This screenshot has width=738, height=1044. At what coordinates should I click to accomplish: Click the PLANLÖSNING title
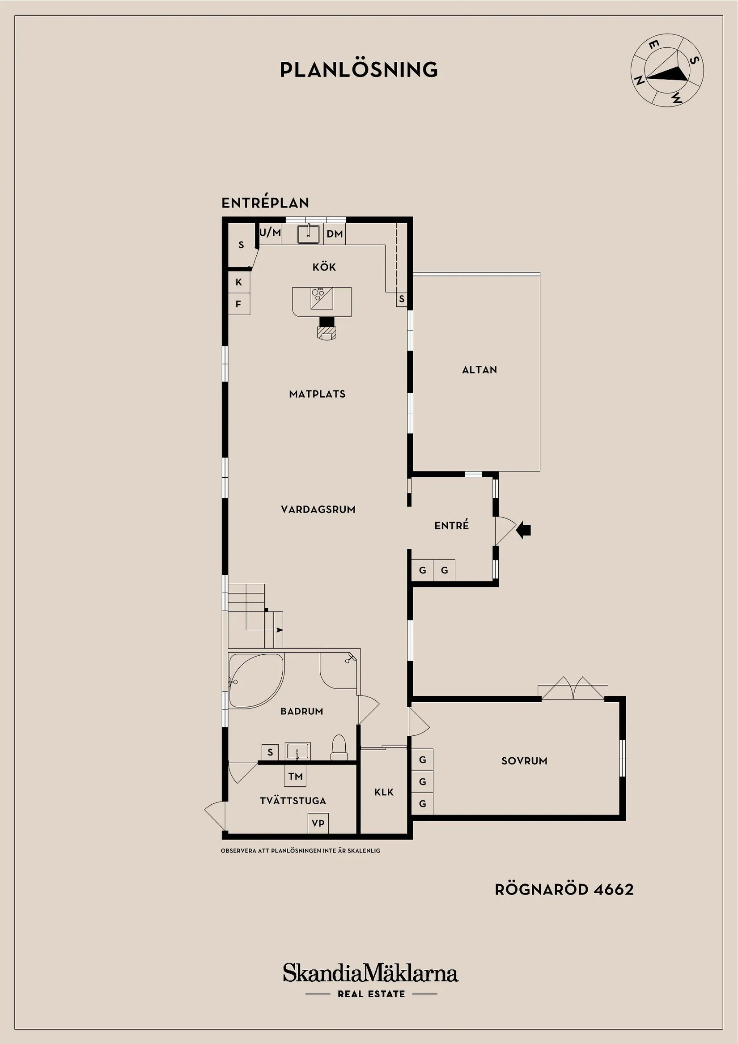359,70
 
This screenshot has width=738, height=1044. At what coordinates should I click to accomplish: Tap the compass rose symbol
667,71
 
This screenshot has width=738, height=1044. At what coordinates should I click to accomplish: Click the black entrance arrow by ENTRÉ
524,529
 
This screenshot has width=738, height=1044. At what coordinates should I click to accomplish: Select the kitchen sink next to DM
308,234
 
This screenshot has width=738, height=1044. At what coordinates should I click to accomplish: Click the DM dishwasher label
335,234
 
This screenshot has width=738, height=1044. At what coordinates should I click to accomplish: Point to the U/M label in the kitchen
270,232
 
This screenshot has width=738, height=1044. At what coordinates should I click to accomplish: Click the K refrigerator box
239,282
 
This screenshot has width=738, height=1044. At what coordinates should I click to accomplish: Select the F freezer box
239,304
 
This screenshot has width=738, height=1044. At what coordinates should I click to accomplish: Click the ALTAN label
480,370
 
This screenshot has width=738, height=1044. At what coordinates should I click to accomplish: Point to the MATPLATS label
318,394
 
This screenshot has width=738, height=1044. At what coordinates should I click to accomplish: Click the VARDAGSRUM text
318,510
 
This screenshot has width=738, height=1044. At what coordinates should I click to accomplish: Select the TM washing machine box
296,776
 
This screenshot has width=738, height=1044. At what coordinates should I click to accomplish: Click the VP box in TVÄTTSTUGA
318,823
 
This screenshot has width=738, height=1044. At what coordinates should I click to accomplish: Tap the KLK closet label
384,793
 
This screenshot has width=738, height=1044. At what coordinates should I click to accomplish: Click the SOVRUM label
524,761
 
